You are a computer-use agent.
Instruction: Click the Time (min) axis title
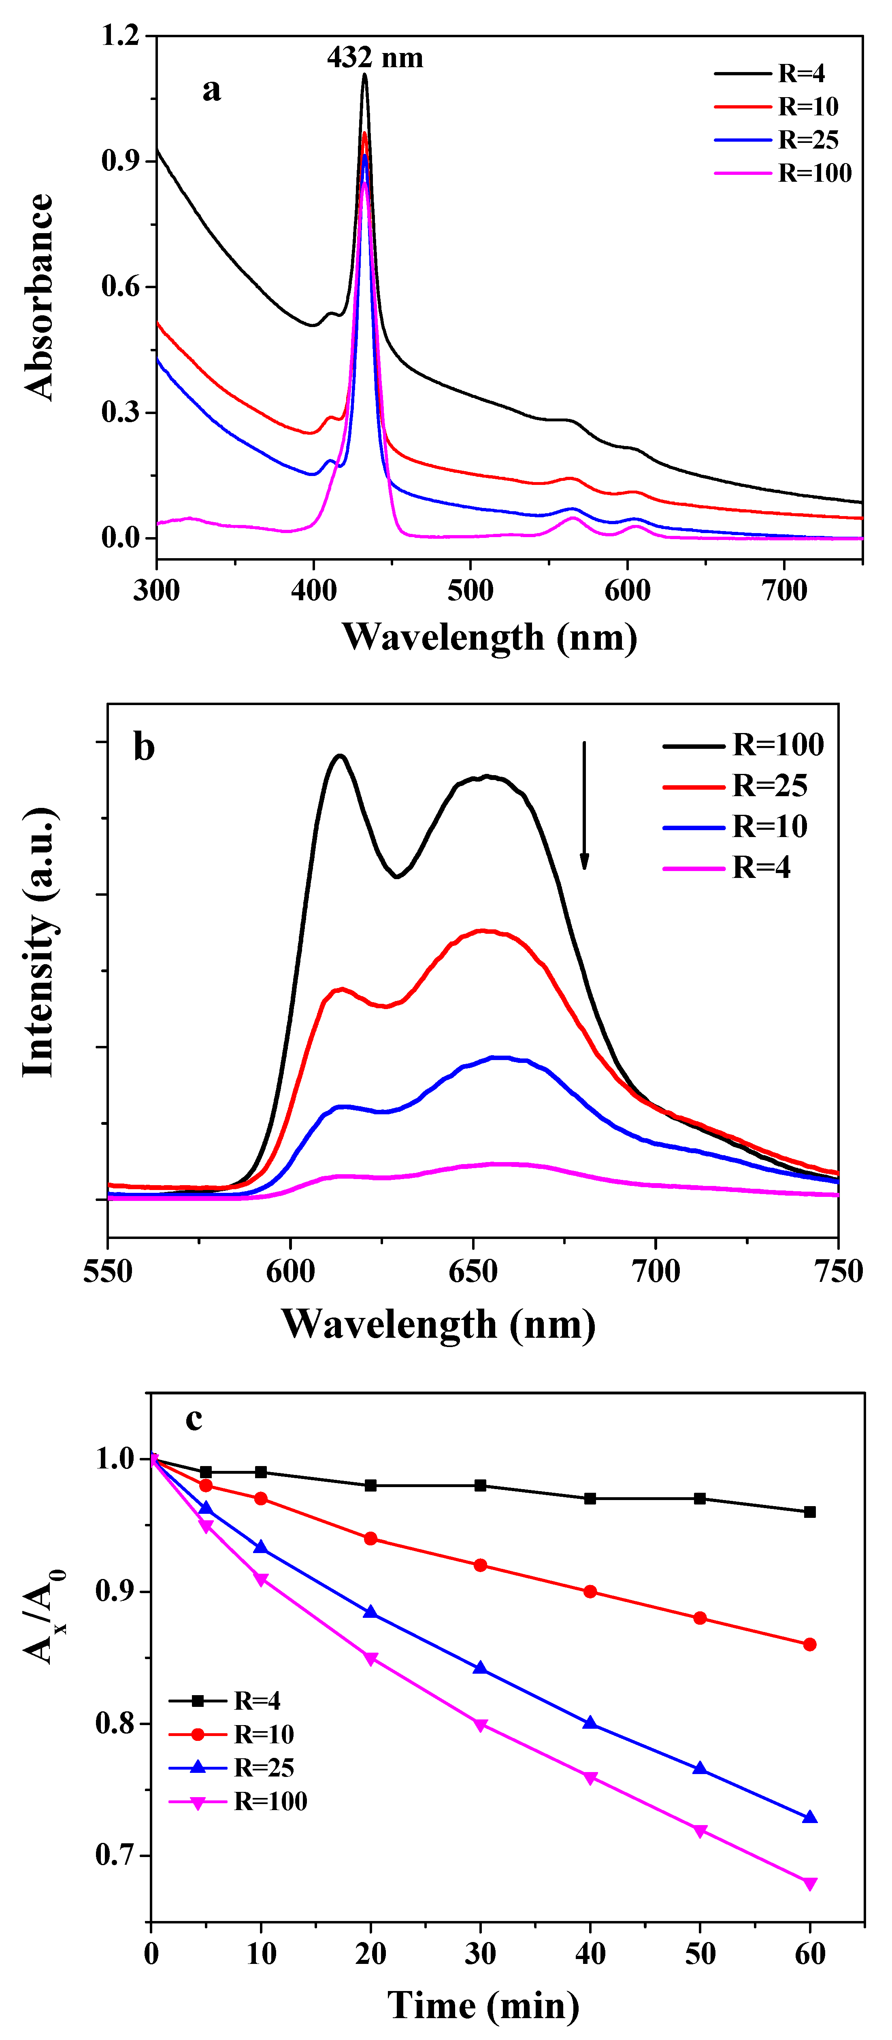click(x=483, y=2005)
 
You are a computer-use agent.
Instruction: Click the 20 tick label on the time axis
click(x=371, y=1954)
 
